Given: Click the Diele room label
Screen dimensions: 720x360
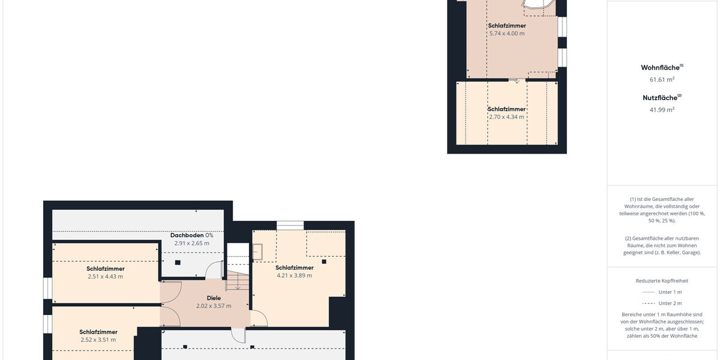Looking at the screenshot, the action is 214,298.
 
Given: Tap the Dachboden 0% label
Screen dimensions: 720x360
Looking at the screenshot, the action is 191,235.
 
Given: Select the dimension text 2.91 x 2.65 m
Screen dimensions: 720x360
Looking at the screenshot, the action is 191,244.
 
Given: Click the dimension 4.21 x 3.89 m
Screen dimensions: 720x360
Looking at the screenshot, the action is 294,275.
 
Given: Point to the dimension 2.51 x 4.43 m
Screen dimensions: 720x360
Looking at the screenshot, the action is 106,277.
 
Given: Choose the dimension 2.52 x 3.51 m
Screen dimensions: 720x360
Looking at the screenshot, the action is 98,340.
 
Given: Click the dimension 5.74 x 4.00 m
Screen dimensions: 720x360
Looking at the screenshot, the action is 507,34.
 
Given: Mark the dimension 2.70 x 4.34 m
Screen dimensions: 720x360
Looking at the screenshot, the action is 506,117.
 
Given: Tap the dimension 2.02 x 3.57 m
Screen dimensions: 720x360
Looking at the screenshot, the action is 214,306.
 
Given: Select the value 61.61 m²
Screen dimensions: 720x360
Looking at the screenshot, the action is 662,79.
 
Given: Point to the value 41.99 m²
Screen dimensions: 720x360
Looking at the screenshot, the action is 662,110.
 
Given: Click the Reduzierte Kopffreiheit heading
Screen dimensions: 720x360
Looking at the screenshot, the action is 662,281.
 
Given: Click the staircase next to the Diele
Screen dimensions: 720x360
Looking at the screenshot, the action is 238,280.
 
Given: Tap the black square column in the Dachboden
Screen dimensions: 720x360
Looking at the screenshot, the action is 178,263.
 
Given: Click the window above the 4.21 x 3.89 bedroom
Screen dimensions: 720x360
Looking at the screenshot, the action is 290,226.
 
